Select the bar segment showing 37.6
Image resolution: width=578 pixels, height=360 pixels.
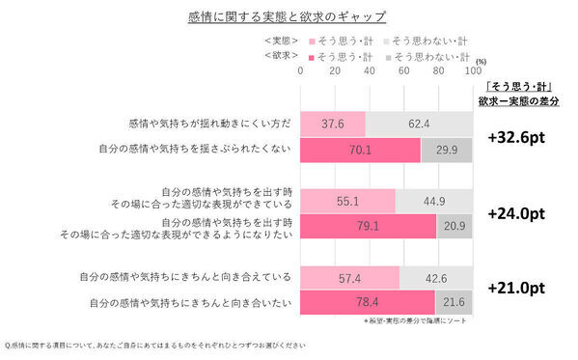pos(334,124)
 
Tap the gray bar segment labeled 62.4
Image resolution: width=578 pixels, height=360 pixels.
pos(420,124)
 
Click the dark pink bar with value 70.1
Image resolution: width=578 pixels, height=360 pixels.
pos(362,151)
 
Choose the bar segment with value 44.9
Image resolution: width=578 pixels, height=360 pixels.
pos(435,201)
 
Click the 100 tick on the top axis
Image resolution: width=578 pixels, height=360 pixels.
pos(472,70)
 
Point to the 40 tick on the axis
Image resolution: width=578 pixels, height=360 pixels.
pos(371,70)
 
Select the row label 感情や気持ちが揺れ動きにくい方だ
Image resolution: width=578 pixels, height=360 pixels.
pos(208,125)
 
